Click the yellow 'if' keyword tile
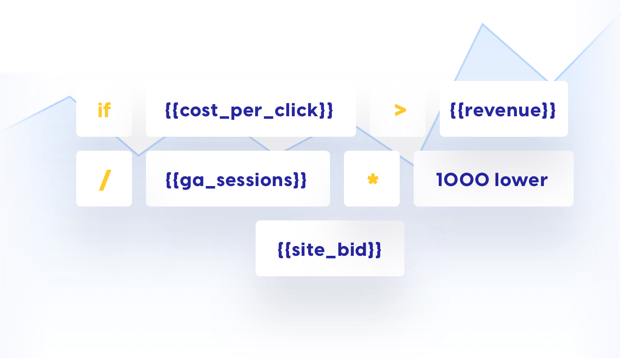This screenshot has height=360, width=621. pos(104,109)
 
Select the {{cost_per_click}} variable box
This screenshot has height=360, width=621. pos(251,109)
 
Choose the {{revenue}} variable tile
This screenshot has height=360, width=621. pos(503,109)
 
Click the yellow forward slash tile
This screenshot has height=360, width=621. pos(105,180)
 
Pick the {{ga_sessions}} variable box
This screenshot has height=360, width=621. pos(238,179)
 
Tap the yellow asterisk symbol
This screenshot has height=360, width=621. pos(372,179)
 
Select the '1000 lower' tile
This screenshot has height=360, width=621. pos(493,179)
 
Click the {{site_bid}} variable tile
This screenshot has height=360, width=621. pos(330,249)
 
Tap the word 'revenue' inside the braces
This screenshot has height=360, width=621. pos(503,110)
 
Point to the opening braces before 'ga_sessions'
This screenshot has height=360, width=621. pos(172,180)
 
